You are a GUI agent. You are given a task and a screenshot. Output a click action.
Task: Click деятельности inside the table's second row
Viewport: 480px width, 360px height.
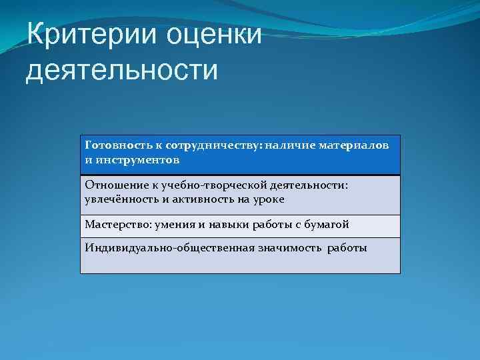click(311, 185)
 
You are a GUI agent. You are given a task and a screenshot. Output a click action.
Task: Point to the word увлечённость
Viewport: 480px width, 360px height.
click(122, 199)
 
